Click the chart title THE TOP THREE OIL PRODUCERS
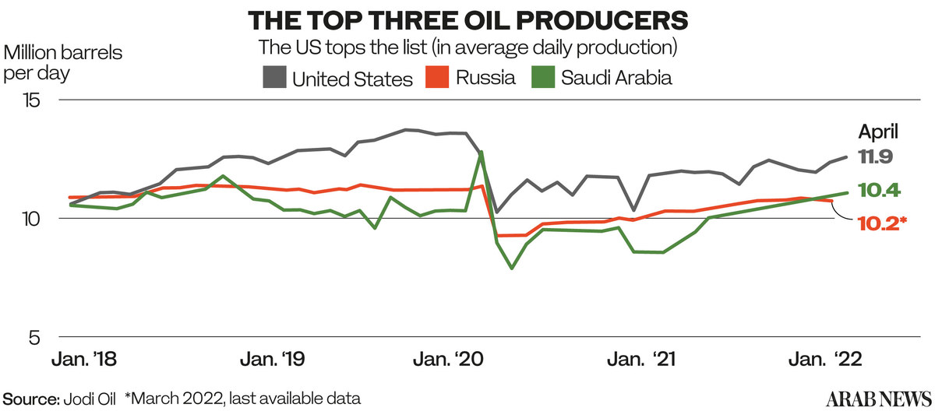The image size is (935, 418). (x=468, y=20)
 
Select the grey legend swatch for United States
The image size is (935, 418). (x=274, y=77)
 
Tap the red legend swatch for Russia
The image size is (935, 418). (x=437, y=77)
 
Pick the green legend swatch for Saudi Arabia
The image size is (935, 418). (x=543, y=77)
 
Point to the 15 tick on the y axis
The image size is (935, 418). (x=32, y=100)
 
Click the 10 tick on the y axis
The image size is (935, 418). (x=30, y=219)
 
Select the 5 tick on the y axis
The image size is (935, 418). (x=34, y=338)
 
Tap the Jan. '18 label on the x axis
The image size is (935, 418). (x=84, y=359)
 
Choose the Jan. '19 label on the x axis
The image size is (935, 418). (x=272, y=359)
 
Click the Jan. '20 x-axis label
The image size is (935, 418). (x=448, y=359)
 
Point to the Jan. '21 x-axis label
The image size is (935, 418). (x=641, y=359)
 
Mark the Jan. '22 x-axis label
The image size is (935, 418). (x=825, y=359)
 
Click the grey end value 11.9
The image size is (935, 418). (x=875, y=157)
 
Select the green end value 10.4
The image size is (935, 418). (x=880, y=191)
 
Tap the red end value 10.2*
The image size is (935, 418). (x=882, y=223)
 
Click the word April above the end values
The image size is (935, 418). (x=878, y=132)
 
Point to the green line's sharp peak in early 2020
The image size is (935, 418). (x=482, y=152)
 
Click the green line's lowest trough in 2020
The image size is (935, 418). (x=512, y=268)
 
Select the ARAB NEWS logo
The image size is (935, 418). (x=879, y=399)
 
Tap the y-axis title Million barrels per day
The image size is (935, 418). (x=62, y=63)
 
